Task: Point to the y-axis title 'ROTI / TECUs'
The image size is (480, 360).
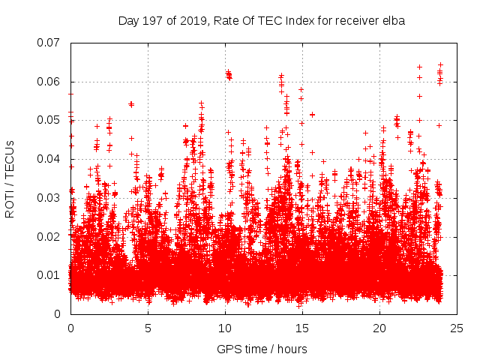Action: click(10, 178)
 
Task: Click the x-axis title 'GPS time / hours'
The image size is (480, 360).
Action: click(262, 349)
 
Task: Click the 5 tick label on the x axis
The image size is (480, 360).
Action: click(148, 328)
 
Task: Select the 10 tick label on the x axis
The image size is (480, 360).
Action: click(225, 328)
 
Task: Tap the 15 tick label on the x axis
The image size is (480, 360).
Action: click(302, 328)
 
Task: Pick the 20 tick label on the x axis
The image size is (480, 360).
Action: click(379, 328)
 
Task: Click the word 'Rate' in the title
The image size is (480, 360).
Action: click(226, 21)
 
